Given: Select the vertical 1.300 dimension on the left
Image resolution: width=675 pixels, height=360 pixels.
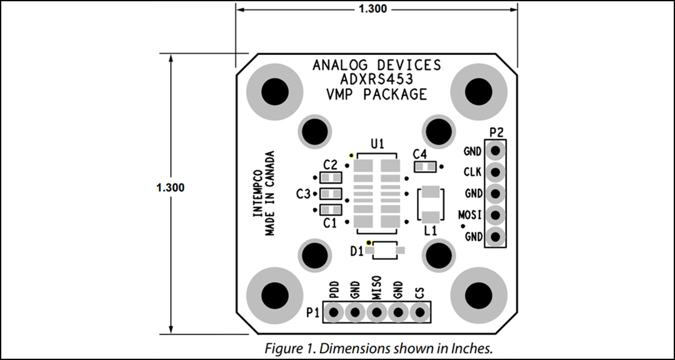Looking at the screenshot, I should (170, 187).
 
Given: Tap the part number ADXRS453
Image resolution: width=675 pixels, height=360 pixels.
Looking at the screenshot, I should (376, 80).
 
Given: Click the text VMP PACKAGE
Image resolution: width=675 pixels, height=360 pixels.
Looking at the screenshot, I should (376, 95).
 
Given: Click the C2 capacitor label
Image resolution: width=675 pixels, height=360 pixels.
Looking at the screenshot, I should (330, 165).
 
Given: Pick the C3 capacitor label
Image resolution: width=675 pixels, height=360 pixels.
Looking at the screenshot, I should (303, 194).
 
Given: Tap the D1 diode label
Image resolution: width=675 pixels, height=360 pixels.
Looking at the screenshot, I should (357, 251).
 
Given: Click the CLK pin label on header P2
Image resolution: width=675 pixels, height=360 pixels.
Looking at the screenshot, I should (472, 172).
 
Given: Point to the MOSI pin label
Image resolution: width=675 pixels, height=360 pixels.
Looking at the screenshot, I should (470, 215).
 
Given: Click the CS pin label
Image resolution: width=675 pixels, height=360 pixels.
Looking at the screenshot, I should (419, 291).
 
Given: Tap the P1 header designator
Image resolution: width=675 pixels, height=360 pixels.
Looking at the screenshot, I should (313, 312).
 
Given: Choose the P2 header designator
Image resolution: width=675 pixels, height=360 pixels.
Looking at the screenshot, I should (496, 132).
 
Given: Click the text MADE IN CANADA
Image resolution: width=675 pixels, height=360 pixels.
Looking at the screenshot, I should (271, 194).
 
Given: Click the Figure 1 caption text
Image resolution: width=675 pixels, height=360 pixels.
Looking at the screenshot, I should (378, 348).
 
